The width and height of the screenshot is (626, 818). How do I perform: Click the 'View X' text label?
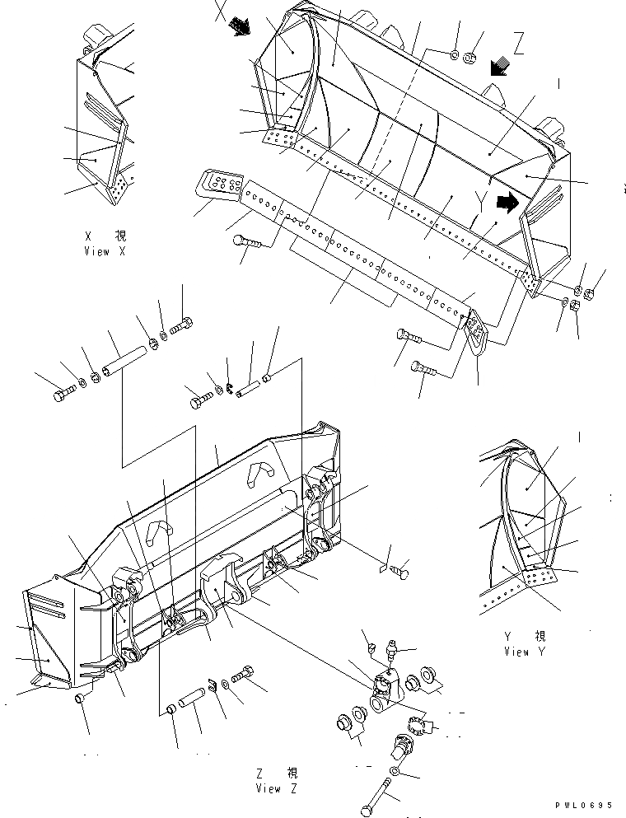click(105, 252)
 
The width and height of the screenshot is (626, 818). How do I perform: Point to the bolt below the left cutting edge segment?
click(245, 241)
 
